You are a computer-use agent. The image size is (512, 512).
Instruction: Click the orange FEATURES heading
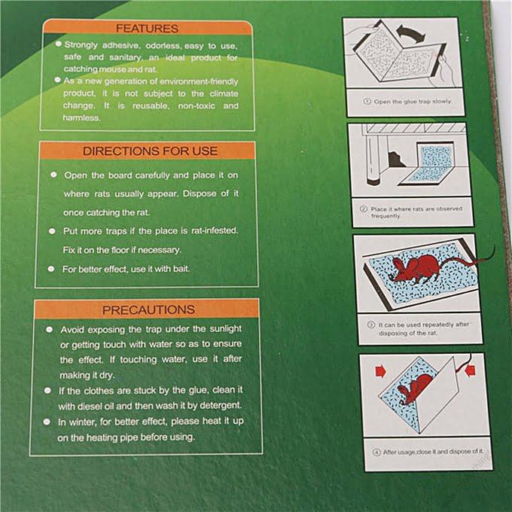point(148,29)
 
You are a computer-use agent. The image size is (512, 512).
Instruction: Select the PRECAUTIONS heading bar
point(148,309)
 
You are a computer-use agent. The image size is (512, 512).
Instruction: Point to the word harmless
point(81,118)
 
